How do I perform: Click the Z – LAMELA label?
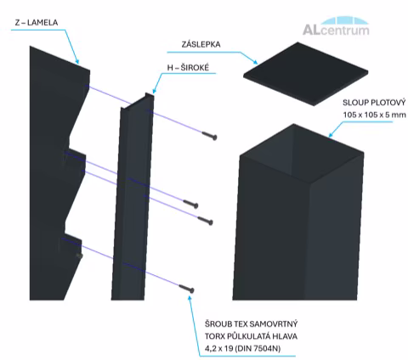tap(37, 22)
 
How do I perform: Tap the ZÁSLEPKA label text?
tap(201, 44)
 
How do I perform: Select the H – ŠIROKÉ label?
tap(188, 68)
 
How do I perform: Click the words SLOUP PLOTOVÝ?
tap(374, 103)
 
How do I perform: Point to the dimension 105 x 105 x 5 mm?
tap(374, 115)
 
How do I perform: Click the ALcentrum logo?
tap(336, 26)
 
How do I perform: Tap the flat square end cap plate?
tap(305, 74)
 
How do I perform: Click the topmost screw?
tap(210, 136)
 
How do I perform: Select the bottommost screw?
tap(187, 289)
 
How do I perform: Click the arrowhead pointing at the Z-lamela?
tap(76, 61)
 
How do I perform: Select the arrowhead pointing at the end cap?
tap(255, 61)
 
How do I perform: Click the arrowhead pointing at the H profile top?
tap(154, 91)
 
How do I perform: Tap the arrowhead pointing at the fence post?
tap(331, 135)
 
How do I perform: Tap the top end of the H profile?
tap(138, 102)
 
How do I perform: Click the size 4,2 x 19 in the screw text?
tap(218, 348)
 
